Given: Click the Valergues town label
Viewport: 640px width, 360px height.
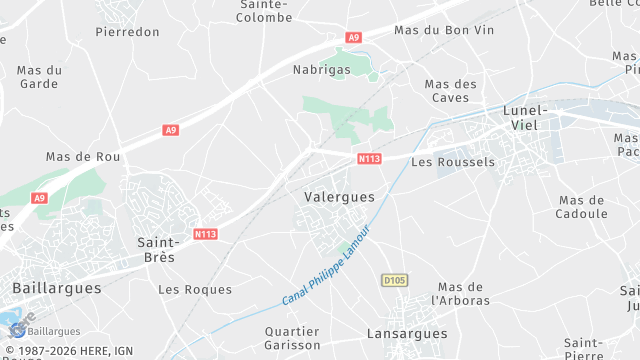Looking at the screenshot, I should pyautogui.click(x=339, y=197).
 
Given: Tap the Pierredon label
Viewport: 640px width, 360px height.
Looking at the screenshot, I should pyautogui.click(x=127, y=32).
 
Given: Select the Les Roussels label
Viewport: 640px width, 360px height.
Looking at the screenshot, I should pyautogui.click(x=453, y=162).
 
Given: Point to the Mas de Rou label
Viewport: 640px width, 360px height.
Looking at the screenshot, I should pyautogui.click(x=83, y=157).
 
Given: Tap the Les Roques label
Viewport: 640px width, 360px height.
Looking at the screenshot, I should pyautogui.click(x=195, y=290).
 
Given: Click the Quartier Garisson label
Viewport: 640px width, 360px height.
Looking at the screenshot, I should pyautogui.click(x=292, y=338).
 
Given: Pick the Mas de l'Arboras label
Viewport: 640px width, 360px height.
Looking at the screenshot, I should pyautogui.click(x=461, y=293).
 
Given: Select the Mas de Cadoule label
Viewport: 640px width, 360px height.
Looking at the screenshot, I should pyautogui.click(x=583, y=207).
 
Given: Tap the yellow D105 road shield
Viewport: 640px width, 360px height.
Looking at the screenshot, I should pyautogui.click(x=394, y=279).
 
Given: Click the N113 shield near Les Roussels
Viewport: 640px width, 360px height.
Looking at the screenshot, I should pyautogui.click(x=368, y=159).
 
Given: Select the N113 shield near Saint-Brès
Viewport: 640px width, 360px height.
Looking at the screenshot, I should pyautogui.click(x=205, y=234).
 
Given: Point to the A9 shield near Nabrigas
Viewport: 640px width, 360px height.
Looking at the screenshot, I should pyautogui.click(x=353, y=38).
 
